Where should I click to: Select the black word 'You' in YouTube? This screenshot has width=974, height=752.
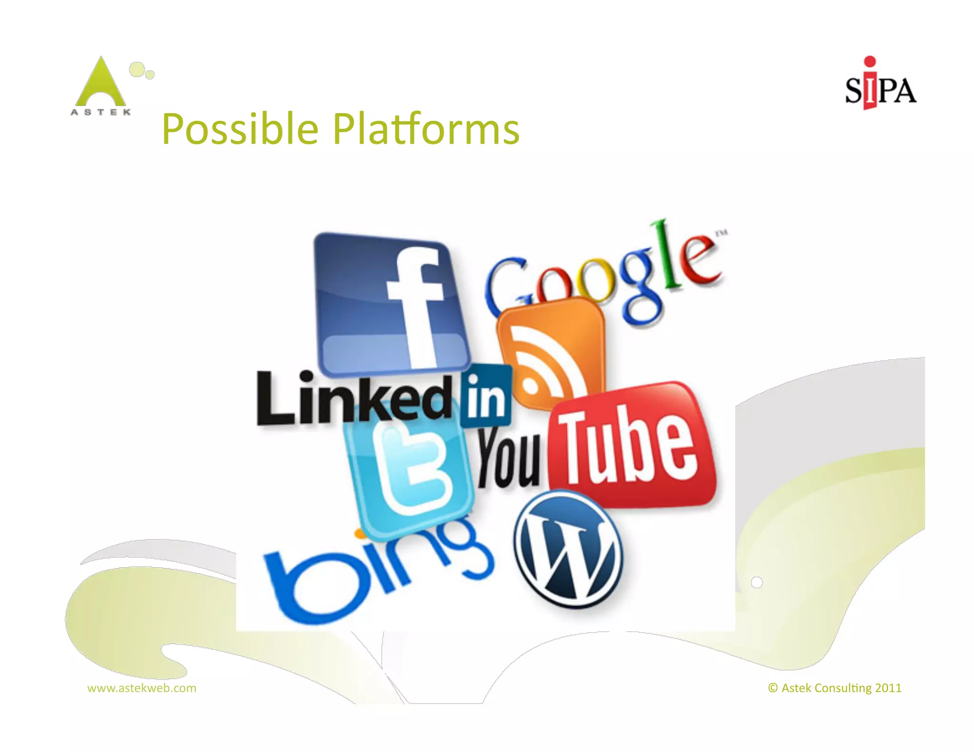[x=509, y=459]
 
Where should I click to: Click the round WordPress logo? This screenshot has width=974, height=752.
[x=568, y=550]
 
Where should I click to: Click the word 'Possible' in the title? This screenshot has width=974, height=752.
[x=240, y=129]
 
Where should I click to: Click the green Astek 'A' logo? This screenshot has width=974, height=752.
[x=101, y=83]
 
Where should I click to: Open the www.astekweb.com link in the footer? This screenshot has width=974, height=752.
[x=142, y=688]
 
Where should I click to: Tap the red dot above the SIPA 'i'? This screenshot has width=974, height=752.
[x=870, y=62]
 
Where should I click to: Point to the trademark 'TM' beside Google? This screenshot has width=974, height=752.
[x=721, y=233]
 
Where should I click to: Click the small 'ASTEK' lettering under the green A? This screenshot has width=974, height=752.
[x=101, y=112]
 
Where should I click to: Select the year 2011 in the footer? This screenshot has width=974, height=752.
[x=888, y=688]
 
